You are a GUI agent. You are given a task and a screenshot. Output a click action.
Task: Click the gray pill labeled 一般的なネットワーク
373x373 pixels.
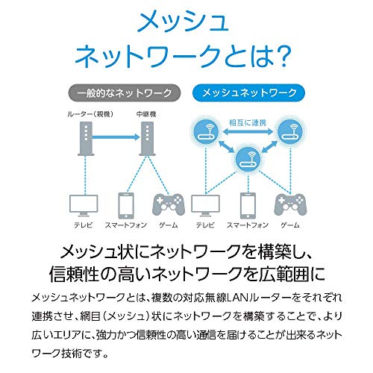(x=124, y=93)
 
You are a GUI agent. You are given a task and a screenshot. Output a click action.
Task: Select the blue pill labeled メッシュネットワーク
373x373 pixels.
(x=249, y=93)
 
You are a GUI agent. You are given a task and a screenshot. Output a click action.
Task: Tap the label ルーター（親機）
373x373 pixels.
(x=90, y=114)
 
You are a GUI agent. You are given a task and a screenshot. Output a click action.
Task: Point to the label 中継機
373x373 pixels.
(x=146, y=114)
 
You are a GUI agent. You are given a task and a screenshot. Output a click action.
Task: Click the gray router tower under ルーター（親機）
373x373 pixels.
(x=86, y=139)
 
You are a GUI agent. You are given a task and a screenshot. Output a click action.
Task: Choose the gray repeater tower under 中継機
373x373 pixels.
(x=147, y=139)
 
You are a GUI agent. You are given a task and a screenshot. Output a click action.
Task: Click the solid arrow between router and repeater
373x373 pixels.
(x=116, y=137)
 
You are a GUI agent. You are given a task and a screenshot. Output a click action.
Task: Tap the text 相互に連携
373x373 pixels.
(x=248, y=122)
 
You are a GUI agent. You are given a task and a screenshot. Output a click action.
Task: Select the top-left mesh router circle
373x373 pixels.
(x=206, y=131)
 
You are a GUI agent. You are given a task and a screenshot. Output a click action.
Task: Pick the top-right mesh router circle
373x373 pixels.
(x=290, y=131)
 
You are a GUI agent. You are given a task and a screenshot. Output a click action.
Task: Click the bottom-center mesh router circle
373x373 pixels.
(x=248, y=159)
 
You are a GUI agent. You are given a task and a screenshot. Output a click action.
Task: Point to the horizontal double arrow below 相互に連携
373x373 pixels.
(x=248, y=132)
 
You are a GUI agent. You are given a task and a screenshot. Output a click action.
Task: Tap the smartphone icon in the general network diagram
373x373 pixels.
(x=126, y=205)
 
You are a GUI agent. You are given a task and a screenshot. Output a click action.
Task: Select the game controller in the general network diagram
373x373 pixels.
(x=169, y=205)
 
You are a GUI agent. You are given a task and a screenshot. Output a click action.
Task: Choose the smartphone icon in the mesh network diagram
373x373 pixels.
(x=248, y=205)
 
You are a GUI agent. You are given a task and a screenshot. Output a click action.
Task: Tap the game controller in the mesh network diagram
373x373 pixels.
(x=290, y=205)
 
